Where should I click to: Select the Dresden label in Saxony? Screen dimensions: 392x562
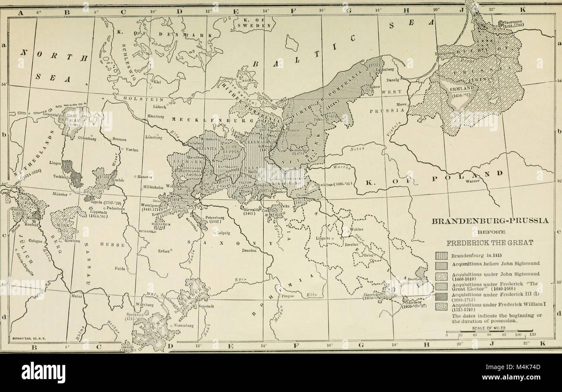(249, 250)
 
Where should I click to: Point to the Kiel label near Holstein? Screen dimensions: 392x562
(156, 82)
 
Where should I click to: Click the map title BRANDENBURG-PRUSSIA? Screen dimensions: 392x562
(490, 221)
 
